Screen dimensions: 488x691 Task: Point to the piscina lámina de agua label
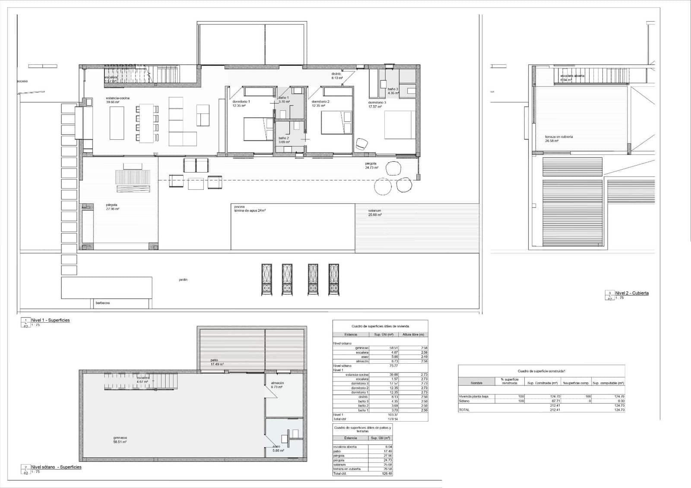250,209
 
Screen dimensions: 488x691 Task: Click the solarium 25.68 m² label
374,213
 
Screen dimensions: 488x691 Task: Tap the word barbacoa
102,303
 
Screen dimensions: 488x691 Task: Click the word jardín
183,280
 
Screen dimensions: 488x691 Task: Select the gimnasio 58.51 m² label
120,440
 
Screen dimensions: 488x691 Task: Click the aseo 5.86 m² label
278,448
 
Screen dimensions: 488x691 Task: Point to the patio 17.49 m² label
216,362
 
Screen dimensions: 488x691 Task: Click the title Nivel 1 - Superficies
50,320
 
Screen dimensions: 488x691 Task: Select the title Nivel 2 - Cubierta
631,293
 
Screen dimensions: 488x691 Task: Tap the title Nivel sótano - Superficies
56,467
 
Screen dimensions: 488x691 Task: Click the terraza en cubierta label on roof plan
558,139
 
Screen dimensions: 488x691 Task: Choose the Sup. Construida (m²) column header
542,383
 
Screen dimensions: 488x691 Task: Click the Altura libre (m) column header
413,334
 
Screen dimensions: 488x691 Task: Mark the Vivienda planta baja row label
473,396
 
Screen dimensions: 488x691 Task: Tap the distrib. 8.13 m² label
337,76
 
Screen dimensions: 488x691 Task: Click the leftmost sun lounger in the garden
266,280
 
